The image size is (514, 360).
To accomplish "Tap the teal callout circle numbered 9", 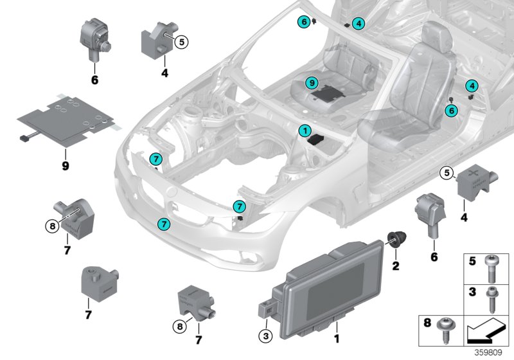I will tap(310, 83).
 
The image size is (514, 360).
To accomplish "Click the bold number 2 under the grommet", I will tap(395, 264).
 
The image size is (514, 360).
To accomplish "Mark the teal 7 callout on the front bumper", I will tap(164, 224).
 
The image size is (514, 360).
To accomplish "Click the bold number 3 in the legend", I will tap(472, 292).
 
